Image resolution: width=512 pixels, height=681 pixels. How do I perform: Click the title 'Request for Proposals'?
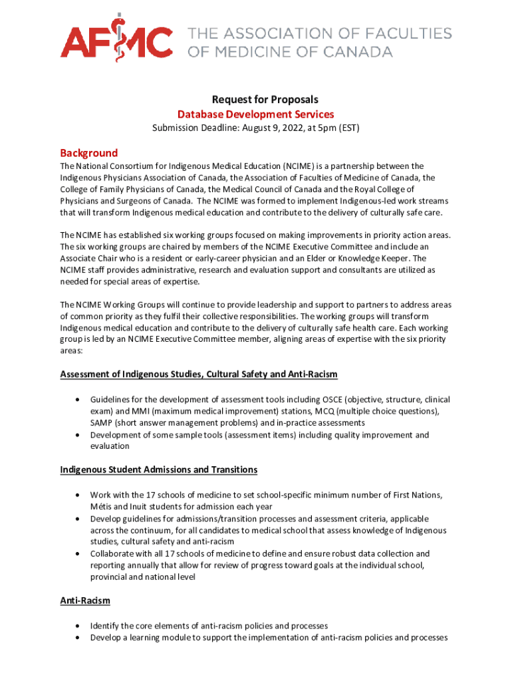pos(256,100)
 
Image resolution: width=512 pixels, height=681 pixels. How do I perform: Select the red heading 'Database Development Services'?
pos(256,114)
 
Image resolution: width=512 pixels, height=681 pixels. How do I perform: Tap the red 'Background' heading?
pos(89,152)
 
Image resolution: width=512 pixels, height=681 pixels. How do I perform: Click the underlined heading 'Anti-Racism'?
pos(85,600)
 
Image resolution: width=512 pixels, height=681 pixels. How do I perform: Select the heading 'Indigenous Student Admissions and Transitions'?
pos(159,470)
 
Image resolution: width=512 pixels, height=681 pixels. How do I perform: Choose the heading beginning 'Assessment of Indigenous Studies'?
pos(199,374)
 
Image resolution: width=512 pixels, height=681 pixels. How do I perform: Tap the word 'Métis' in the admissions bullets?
pos(103,507)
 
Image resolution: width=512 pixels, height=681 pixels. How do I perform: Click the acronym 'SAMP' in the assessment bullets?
pos(103,423)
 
